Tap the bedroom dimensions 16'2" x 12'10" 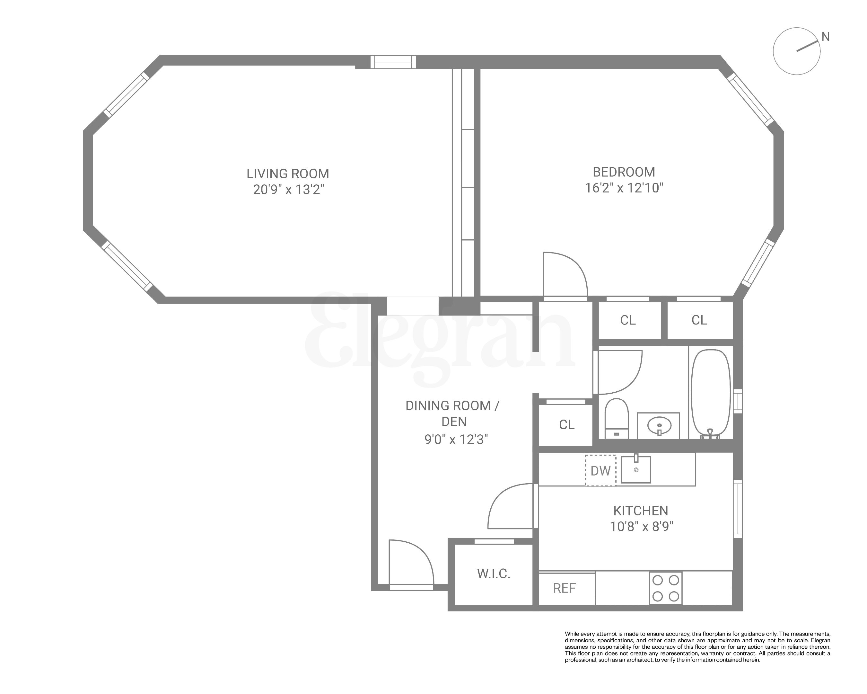click(624, 188)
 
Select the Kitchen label click(641, 511)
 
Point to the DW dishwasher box click(600, 470)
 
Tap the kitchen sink click(636, 469)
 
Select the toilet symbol click(617, 418)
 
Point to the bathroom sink click(659, 425)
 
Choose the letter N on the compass click(825, 37)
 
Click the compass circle click(796, 51)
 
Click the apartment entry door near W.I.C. click(411, 563)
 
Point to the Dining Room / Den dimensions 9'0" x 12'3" click(456, 439)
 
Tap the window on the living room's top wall click(393, 62)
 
